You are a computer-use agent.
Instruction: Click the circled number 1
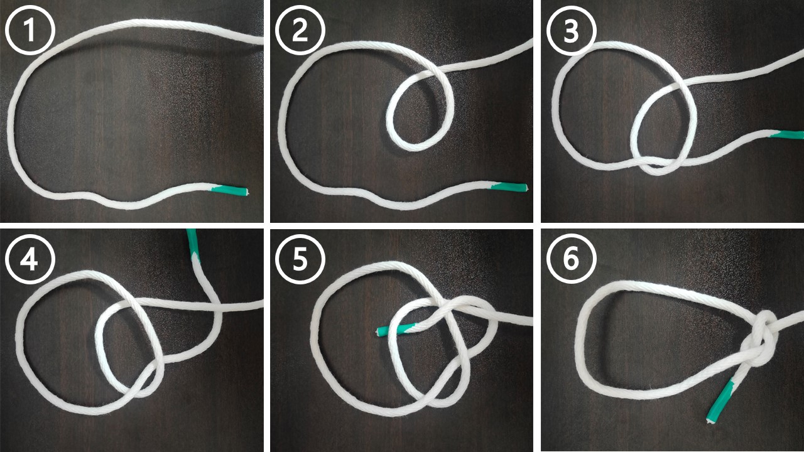coord(30,30)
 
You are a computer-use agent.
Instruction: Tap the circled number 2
coord(300,30)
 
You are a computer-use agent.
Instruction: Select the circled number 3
coord(572,30)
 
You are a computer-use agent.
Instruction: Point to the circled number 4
coord(30,259)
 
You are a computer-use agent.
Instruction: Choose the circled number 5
coord(300,259)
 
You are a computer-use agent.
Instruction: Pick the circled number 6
coord(572,259)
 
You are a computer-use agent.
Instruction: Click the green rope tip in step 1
coord(229,190)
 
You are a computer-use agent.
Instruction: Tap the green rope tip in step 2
coord(508,187)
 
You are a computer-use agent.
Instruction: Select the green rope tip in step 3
coord(786,135)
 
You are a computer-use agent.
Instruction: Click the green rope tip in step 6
coord(720,402)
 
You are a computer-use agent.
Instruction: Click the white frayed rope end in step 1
coord(247,192)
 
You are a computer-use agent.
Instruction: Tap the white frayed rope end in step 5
coord(377,331)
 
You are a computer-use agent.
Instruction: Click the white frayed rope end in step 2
coord(526,188)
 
